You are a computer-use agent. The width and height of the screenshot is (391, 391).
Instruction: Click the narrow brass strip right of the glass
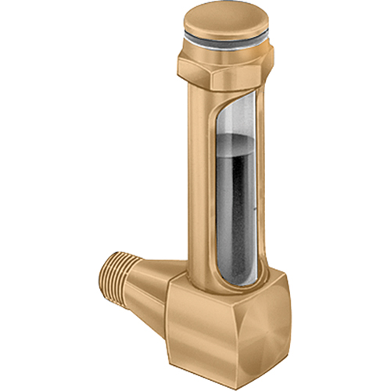click(264, 195)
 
